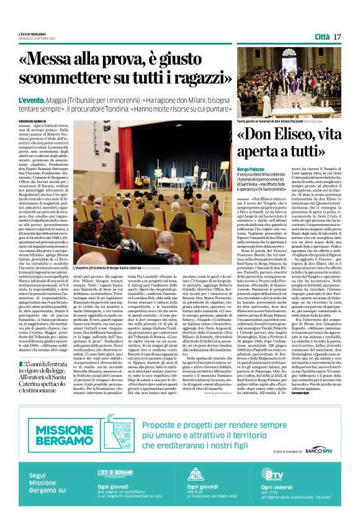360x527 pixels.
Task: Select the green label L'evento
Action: (x=31, y=99)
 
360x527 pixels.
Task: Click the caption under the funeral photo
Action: (x=276, y=122)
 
